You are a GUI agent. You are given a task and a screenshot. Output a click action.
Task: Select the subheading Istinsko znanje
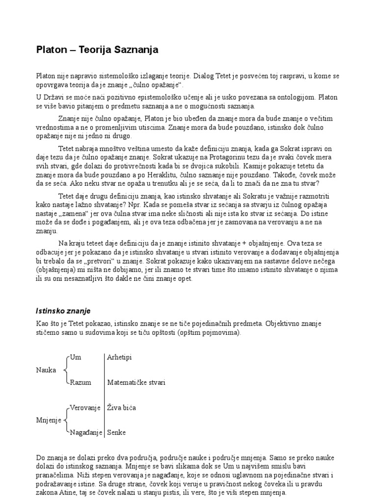63,311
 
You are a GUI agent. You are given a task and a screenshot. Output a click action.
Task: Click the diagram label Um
75,357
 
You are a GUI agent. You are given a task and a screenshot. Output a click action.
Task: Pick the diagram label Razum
81,382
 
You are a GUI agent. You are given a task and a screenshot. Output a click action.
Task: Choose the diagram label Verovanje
85,407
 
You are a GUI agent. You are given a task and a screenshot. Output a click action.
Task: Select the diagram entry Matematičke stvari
136,382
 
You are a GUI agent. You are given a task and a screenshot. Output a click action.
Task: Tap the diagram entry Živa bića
121,407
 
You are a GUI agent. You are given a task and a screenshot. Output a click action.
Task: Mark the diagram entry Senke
116,432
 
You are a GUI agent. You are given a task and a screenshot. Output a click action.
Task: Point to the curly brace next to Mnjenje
66,420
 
